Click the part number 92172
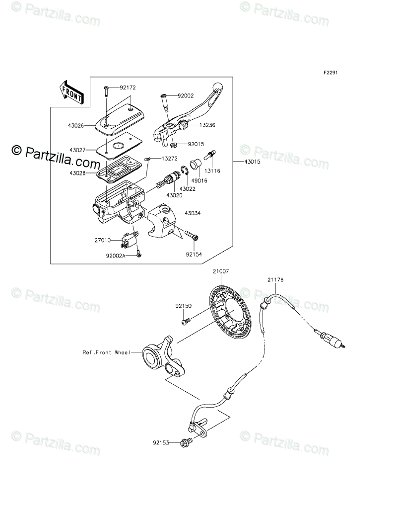pyautogui.click(x=128, y=87)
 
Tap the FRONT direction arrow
pyautogui.click(x=70, y=92)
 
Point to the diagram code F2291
pyautogui.click(x=331, y=73)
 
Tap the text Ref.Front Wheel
pyautogui.click(x=105, y=352)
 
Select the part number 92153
pyautogui.click(x=161, y=441)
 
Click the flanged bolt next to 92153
pyautogui.click(x=186, y=441)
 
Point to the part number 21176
pyautogui.click(x=275, y=280)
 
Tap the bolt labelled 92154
pyautogui.click(x=192, y=234)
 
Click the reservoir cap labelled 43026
pyautogui.click(x=117, y=119)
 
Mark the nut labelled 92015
pyautogui.click(x=174, y=145)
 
